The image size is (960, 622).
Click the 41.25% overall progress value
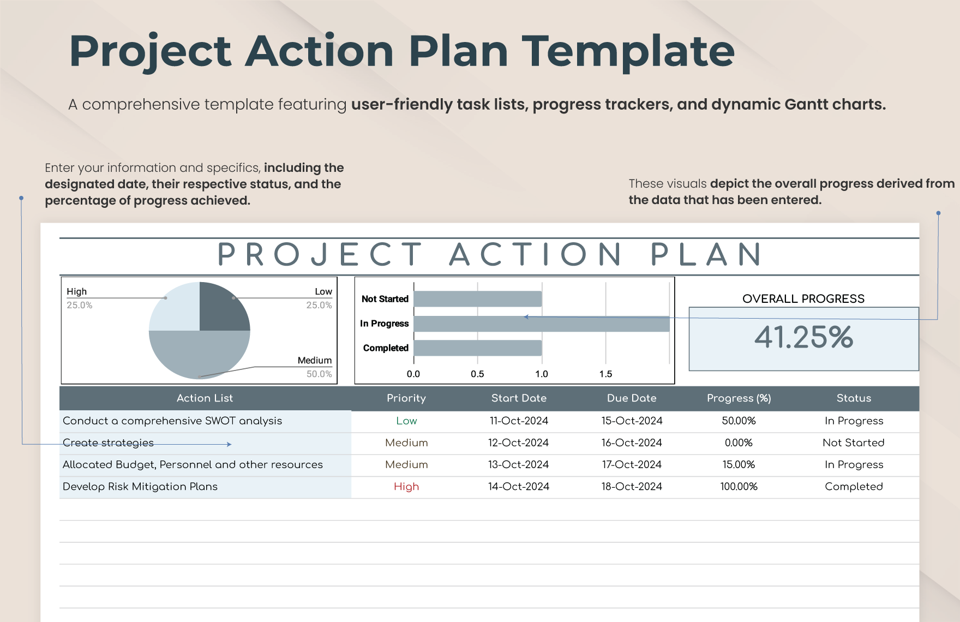[803, 337]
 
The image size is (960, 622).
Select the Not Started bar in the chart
[478, 299]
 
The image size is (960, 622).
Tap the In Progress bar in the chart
[542, 324]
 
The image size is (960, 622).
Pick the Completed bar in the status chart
[478, 348]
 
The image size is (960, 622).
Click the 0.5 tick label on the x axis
[477, 374]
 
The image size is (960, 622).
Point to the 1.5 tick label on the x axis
[605, 374]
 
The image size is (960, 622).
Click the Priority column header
[406, 398]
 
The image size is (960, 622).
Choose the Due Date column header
[632, 398]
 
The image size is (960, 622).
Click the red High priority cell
[406, 487]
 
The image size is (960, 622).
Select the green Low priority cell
[406, 421]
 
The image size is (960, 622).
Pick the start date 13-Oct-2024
[518, 464]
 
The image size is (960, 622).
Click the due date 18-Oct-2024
[632, 486]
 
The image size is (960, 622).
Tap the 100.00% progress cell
[739, 486]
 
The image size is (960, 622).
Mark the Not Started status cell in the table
[854, 442]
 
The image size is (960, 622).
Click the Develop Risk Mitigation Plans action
[140, 486]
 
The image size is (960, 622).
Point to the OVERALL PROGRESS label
[803, 298]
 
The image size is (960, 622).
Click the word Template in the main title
[628, 51]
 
